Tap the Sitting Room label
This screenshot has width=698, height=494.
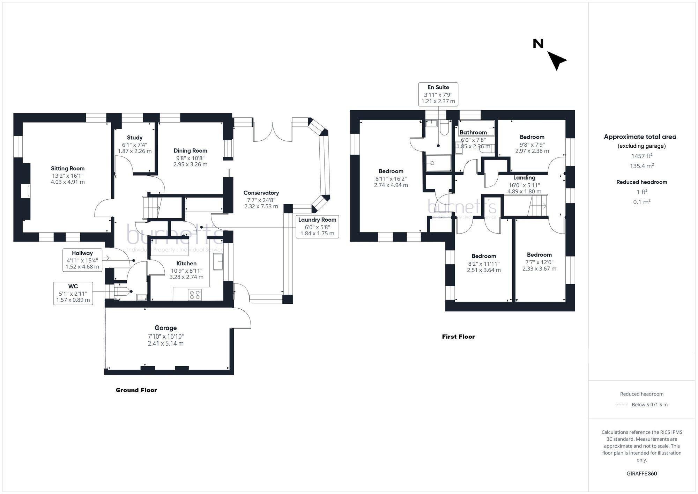click(x=68, y=169)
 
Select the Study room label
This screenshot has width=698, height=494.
click(x=135, y=138)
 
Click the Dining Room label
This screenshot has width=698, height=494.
click(x=190, y=151)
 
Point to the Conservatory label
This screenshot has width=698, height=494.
click(x=261, y=193)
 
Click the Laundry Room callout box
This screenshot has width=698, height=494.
click(x=317, y=227)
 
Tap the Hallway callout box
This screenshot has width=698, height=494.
click(x=82, y=260)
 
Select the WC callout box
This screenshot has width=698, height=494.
click(x=73, y=293)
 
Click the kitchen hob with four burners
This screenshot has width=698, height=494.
click(x=194, y=295)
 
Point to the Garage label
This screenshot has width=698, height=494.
click(x=166, y=328)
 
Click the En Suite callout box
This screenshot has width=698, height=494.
click(x=438, y=94)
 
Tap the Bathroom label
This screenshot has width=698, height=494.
click(x=473, y=133)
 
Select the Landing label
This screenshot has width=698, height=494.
click(x=524, y=178)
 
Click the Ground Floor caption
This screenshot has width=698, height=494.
click(x=136, y=390)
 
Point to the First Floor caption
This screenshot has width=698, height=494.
click(x=458, y=337)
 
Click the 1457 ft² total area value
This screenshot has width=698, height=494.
click(x=642, y=156)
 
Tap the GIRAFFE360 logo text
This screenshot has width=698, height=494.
click(x=642, y=474)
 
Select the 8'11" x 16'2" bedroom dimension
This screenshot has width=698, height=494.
click(x=391, y=178)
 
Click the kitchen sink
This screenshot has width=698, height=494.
click(x=218, y=261)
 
